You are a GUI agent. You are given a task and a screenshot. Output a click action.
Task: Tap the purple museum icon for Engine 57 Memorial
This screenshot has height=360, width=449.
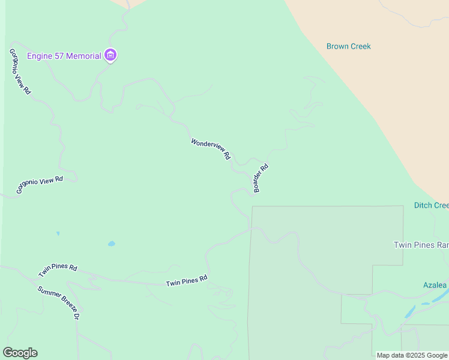[110, 56]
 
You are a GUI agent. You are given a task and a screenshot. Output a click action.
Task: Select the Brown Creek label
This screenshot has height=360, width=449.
[349, 46]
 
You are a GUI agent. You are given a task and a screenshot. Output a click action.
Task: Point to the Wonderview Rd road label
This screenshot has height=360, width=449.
[211, 149]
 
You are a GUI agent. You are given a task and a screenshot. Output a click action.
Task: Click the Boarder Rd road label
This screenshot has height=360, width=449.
[261, 178]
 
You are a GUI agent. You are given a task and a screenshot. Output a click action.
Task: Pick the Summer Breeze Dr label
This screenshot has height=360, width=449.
[58, 302]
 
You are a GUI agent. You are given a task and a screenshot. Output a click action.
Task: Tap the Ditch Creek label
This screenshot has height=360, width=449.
[431, 205]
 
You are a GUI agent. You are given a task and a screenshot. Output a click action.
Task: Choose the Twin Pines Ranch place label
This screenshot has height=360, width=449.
[421, 245]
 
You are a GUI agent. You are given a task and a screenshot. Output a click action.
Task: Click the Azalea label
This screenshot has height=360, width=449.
[434, 285]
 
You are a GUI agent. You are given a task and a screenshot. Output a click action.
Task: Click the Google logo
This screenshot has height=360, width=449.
[20, 353]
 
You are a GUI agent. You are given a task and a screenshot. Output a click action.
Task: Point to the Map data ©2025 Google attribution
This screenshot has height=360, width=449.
[412, 355]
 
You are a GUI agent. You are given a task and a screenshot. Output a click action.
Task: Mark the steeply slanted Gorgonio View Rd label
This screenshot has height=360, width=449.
[20, 71]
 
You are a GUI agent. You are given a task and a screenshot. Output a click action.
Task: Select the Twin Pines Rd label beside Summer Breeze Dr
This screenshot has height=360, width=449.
[58, 271]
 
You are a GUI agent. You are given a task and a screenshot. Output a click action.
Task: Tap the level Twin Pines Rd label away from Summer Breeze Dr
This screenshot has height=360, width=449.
[186, 280]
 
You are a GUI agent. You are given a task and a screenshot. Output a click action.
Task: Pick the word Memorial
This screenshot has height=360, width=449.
[84, 56]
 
